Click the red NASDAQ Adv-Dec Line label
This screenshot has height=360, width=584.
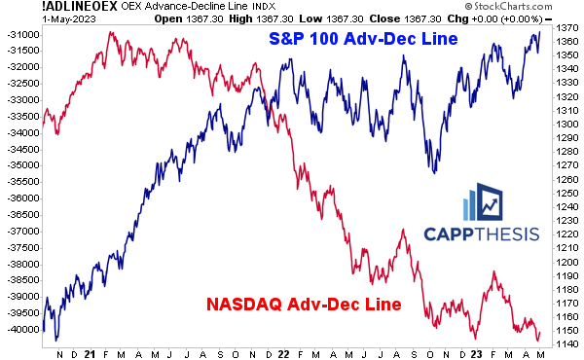[303, 305]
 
